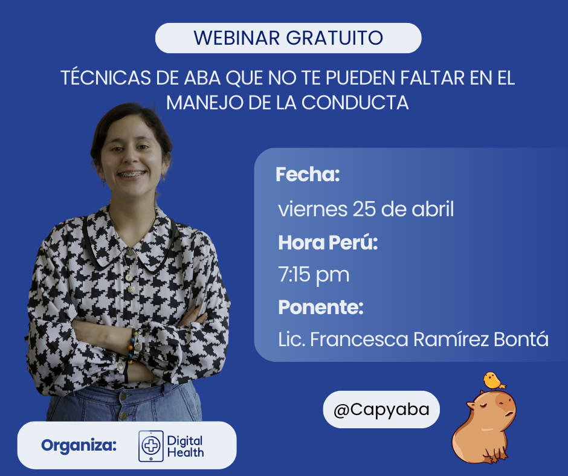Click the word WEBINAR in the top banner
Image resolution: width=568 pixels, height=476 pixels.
(237, 37)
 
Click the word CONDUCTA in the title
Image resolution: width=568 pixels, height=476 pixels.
(355, 103)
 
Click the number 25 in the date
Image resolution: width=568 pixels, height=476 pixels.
(364, 209)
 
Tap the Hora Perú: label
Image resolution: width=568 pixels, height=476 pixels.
(328, 242)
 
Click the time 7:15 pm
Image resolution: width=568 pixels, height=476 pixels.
(314, 275)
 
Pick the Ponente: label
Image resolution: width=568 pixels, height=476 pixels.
(321, 307)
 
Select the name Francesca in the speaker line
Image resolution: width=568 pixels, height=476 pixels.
(360, 339)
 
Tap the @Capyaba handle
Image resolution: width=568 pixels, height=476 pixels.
(381, 410)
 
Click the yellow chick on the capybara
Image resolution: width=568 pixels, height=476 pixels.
(494, 381)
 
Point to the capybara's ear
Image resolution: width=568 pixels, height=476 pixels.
(471, 405)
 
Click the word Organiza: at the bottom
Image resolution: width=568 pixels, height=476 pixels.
(79, 445)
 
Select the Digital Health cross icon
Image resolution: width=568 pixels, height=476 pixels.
(150, 446)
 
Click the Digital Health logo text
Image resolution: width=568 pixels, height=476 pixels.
(185, 446)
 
